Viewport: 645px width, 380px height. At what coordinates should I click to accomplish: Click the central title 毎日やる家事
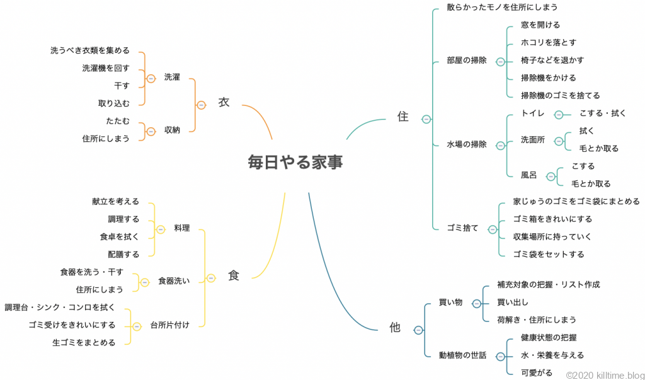[x=295, y=163]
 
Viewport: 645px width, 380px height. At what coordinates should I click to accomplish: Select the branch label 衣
[x=224, y=103]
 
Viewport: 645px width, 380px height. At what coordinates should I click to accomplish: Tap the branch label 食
[x=233, y=275]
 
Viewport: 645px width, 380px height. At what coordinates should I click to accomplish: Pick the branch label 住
[x=402, y=117]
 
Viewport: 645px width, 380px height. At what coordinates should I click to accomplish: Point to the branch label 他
[x=395, y=328]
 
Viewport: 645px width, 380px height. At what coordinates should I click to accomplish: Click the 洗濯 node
[x=172, y=77]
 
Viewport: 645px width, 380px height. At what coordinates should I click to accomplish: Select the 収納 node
[x=172, y=130]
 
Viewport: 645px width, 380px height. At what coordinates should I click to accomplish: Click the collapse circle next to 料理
[x=160, y=229]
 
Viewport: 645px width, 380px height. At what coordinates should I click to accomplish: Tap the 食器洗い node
[x=174, y=281]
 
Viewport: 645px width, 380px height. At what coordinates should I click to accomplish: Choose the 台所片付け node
[x=169, y=325]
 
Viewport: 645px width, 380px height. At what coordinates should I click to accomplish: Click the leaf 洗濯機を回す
[x=106, y=68]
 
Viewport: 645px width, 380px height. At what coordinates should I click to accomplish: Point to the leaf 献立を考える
[x=115, y=202]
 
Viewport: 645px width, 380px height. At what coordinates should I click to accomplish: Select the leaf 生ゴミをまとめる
[x=84, y=343]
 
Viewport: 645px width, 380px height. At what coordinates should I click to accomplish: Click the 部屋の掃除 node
[x=467, y=60]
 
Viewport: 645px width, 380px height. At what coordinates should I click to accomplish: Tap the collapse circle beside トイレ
[x=559, y=115]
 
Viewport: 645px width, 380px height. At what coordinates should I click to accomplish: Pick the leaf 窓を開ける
[x=540, y=25]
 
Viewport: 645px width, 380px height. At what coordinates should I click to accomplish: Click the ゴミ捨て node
[x=463, y=228]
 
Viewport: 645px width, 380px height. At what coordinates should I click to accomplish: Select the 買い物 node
[x=450, y=302]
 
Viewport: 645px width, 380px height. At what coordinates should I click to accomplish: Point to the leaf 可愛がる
[x=537, y=372]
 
